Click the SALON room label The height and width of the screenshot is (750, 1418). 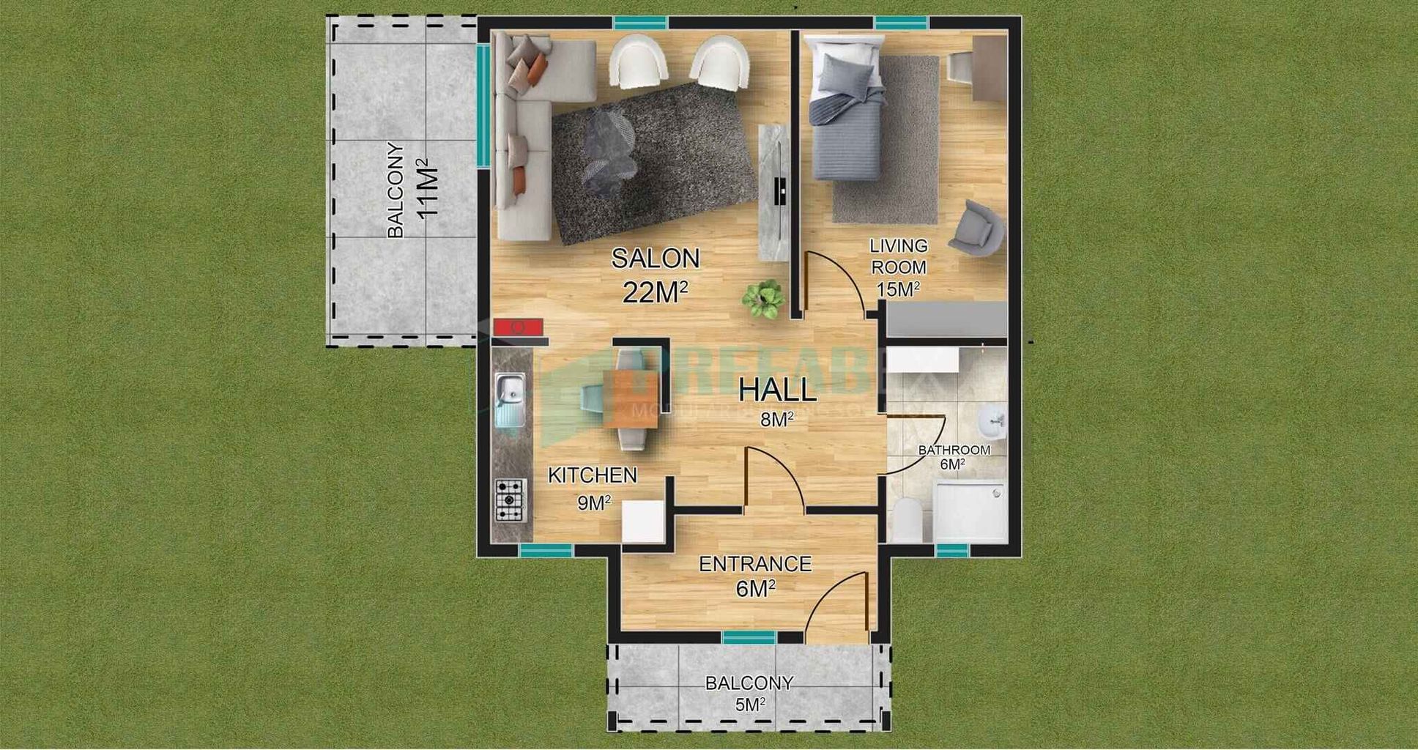[656, 259]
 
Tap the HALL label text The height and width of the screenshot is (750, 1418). [777, 390]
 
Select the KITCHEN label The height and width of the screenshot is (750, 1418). [593, 475]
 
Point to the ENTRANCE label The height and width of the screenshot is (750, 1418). [755, 564]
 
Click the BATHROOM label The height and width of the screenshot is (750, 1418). [954, 450]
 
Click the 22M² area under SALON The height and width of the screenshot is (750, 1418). [655, 292]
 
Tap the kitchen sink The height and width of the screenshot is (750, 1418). [510, 399]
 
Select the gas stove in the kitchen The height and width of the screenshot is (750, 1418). [511, 500]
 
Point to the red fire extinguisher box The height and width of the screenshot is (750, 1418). [518, 326]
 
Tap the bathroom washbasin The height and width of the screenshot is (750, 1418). [992, 421]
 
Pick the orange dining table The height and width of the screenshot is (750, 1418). [631, 398]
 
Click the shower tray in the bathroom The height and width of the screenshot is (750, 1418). [970, 510]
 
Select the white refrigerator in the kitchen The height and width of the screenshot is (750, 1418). [642, 521]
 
